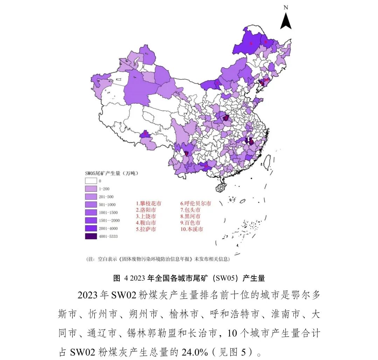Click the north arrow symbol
tap(286, 21)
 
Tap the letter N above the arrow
tap(286, 7)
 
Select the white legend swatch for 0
tap(90, 181)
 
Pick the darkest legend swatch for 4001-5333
tap(90, 236)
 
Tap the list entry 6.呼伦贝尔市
tap(196, 203)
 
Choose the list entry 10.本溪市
tap(191, 229)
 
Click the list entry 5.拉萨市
tap(146, 229)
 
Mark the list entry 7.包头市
tap(190, 210)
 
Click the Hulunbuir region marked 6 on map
tap(251, 43)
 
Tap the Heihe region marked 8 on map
tap(266, 42)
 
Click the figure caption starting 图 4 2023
tap(189, 278)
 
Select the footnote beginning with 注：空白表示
tap(157, 259)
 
